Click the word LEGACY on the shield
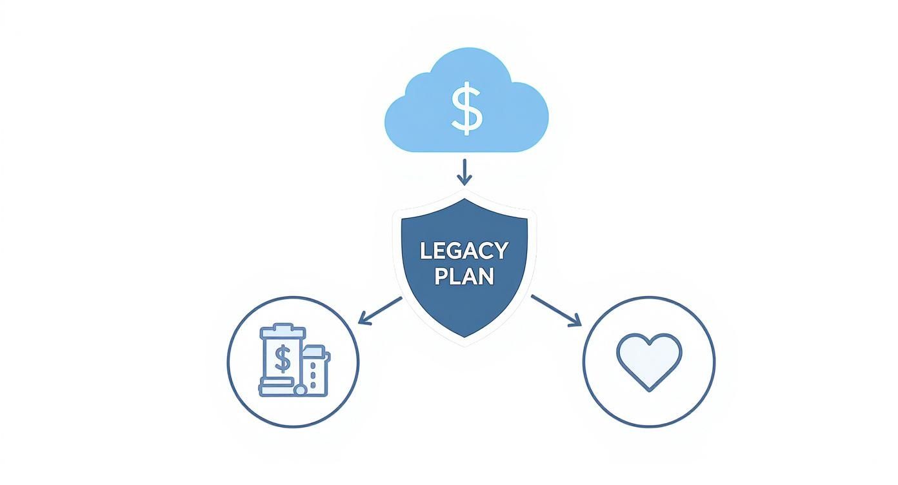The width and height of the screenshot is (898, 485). [x=464, y=251]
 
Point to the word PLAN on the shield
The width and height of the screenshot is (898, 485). [x=464, y=276]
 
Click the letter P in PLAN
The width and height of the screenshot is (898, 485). [x=441, y=276]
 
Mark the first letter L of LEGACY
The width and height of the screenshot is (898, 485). [x=425, y=251]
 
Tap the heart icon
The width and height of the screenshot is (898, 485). [x=648, y=360]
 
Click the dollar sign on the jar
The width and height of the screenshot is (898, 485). [x=282, y=359]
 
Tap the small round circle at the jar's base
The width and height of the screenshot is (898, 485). [x=299, y=390]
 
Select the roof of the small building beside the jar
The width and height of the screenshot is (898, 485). [x=314, y=351]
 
